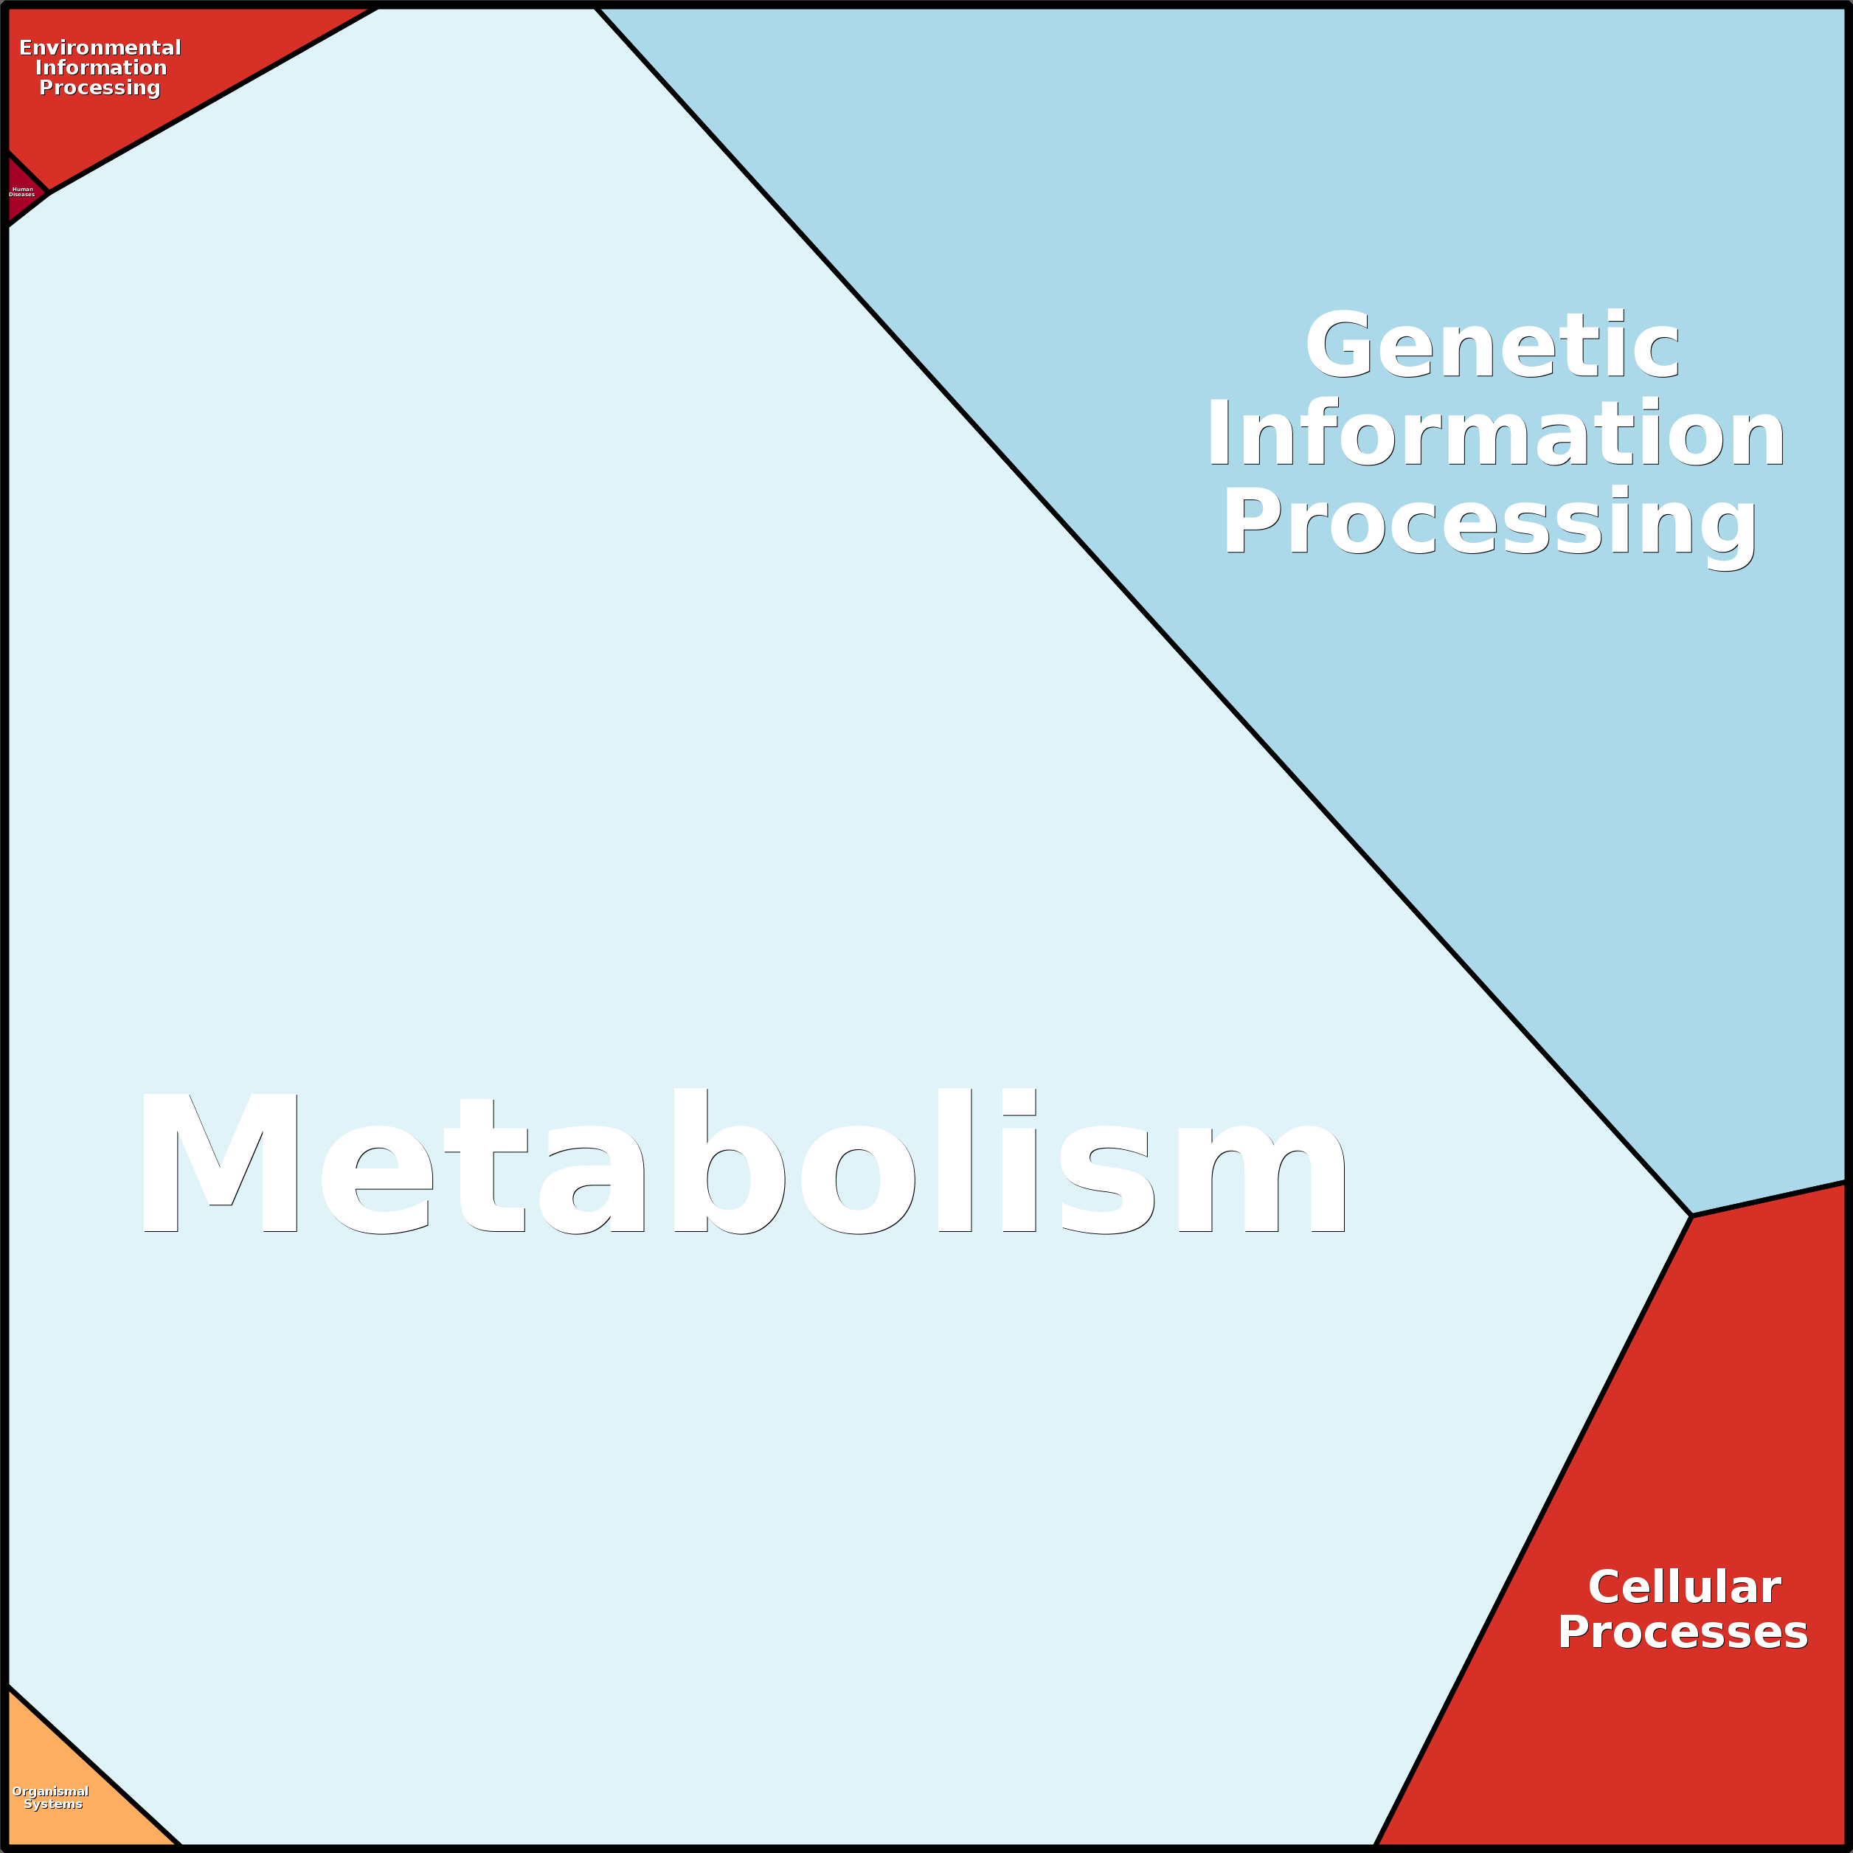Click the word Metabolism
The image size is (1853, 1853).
(x=744, y=1163)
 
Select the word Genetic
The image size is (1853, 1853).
(x=1492, y=346)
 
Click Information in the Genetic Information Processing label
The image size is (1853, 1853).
(x=1495, y=434)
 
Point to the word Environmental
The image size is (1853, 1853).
(x=100, y=48)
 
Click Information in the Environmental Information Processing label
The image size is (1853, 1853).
(x=101, y=68)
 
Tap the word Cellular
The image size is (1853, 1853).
(x=1684, y=1587)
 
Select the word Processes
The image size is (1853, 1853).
(x=1683, y=1632)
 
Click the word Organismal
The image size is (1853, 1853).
(x=51, y=1792)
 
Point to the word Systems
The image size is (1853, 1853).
(x=53, y=1804)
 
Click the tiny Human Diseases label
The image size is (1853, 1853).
(x=22, y=192)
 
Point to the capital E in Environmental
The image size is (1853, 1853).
(x=26, y=48)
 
